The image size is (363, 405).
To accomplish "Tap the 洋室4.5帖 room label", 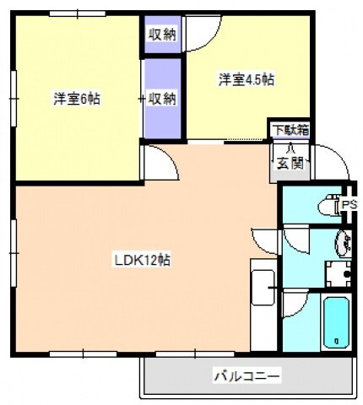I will click(x=247, y=80).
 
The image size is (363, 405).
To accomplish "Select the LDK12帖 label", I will click(x=143, y=260).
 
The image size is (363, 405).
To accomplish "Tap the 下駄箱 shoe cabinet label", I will click(x=290, y=130).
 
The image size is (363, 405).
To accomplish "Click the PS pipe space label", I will click(x=349, y=205).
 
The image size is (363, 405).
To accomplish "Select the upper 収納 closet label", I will click(x=162, y=35).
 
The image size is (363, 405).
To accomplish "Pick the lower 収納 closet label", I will click(x=162, y=99).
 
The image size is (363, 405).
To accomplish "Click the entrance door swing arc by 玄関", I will click(x=329, y=160).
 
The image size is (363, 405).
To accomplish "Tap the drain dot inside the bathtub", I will click(x=336, y=341).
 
